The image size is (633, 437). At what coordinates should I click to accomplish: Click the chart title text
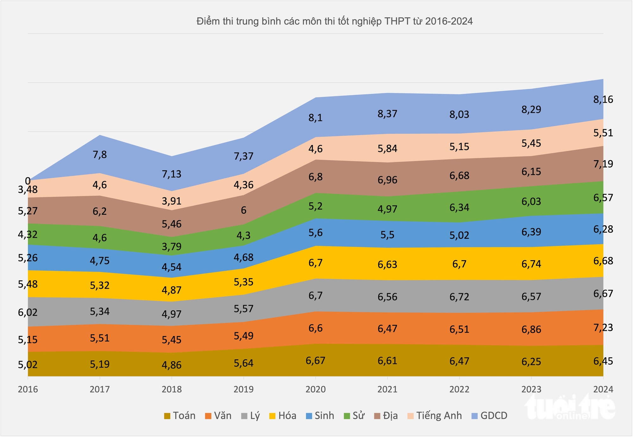tap(334, 22)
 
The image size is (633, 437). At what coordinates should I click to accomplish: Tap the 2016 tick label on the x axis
tap(28, 389)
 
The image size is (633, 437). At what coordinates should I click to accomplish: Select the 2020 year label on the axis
tap(316, 389)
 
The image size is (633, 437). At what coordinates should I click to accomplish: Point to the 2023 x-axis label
tap(531, 389)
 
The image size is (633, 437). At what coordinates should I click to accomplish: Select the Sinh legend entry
tap(320, 415)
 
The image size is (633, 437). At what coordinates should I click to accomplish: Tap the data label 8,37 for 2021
tap(387, 114)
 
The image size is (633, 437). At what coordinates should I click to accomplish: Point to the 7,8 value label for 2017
tap(100, 155)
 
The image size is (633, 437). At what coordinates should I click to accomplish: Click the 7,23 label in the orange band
tap(603, 327)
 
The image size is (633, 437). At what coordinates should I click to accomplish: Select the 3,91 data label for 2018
tap(172, 201)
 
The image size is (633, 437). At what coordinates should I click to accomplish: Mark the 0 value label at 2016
tap(28, 181)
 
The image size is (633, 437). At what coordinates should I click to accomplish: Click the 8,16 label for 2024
tap(603, 100)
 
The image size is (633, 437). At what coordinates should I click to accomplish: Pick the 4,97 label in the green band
tap(387, 209)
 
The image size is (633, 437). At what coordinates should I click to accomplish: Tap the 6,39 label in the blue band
tap(531, 232)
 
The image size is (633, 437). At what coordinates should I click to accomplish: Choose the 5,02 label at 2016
tap(28, 364)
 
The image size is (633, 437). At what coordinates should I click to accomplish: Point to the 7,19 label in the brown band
tap(603, 164)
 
